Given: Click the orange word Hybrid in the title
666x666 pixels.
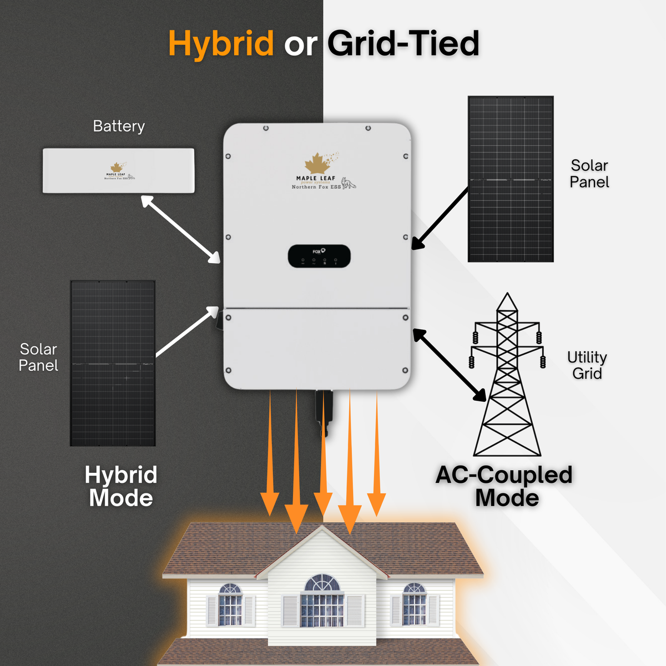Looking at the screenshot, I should click(221, 43).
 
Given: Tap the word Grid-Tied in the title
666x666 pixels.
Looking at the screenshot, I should click(403, 43).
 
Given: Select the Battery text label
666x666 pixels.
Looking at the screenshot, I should click(119, 127).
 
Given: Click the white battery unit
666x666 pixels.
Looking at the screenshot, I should click(119, 170).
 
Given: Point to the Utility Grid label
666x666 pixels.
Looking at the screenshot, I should click(587, 365).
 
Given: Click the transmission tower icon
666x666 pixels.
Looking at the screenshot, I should click(507, 377).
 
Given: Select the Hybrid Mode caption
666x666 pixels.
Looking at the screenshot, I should click(121, 486).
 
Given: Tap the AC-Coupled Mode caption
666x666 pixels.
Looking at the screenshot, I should click(504, 486).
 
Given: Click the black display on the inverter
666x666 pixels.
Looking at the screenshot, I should click(319, 256).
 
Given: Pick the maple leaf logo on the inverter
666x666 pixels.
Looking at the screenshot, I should click(317, 163).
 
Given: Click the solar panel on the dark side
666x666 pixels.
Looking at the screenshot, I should click(113, 364).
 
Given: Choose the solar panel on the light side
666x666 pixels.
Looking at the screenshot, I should click(511, 179).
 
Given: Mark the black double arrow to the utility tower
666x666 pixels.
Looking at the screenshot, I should click(450, 365).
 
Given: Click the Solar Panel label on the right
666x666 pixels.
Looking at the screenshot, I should click(589, 174).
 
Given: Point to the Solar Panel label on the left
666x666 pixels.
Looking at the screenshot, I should click(38, 357).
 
